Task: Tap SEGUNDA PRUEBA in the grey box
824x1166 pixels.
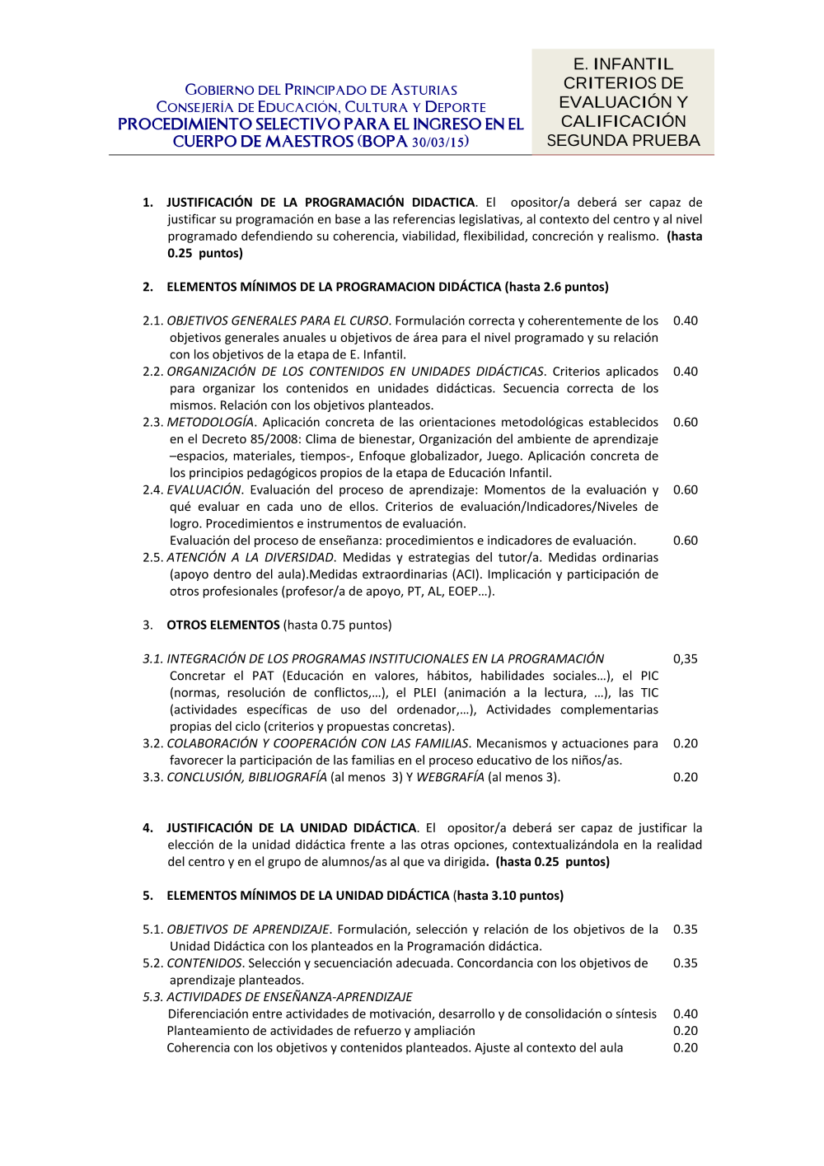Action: click(x=623, y=140)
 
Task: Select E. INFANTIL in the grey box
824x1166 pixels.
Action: click(x=623, y=63)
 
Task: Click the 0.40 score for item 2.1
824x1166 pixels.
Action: click(x=685, y=321)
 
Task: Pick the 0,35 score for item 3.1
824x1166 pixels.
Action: click(x=685, y=658)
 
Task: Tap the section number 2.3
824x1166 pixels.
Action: click(x=152, y=422)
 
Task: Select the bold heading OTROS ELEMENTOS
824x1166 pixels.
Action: click(x=223, y=625)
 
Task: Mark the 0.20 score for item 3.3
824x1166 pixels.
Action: click(x=685, y=777)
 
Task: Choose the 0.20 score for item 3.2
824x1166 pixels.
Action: click(x=685, y=743)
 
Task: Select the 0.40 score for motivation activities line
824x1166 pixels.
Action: click(x=685, y=1014)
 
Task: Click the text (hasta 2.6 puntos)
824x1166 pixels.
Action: click(x=557, y=287)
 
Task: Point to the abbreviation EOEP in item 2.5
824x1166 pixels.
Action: click(x=462, y=591)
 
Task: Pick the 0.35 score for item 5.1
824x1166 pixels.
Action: click(x=685, y=929)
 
